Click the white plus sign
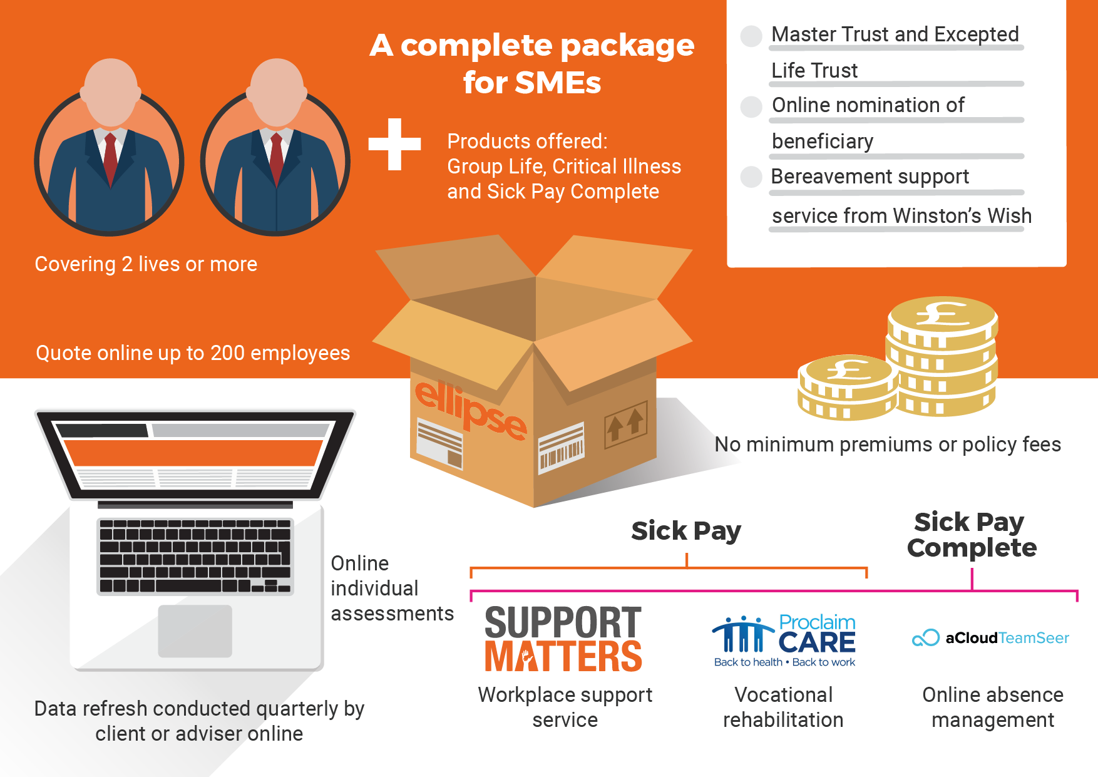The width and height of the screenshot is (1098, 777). click(394, 144)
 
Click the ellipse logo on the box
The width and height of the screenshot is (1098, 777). click(471, 411)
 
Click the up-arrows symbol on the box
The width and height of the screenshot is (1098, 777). click(625, 424)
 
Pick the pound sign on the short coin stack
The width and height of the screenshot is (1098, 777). click(848, 369)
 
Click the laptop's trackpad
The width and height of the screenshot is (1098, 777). click(195, 630)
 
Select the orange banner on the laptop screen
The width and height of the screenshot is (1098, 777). click(193, 453)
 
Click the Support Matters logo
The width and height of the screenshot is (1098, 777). click(563, 639)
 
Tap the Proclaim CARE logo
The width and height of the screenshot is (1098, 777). click(784, 640)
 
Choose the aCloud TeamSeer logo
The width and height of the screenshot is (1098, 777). click(991, 638)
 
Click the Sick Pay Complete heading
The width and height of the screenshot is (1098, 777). click(971, 535)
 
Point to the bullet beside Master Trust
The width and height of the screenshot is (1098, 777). click(751, 36)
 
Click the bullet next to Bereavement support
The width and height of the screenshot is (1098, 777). click(751, 177)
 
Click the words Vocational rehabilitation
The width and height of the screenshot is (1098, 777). click(783, 708)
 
